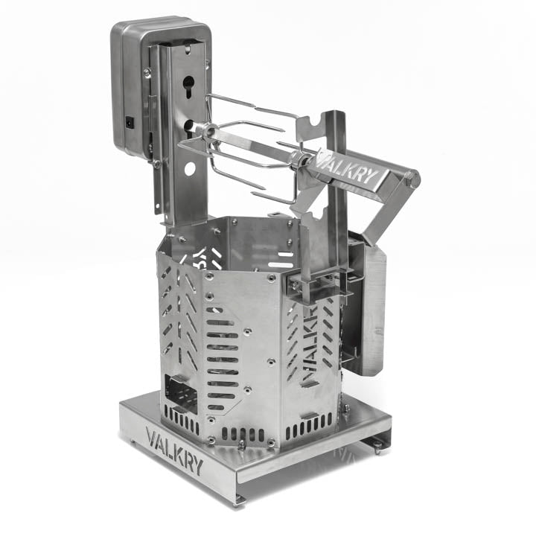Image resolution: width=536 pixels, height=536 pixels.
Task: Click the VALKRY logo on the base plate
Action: tap(174, 450)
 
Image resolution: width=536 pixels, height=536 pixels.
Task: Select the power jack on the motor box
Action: tap(130, 122)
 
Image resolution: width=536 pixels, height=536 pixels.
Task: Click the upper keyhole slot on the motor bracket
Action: tap(188, 86)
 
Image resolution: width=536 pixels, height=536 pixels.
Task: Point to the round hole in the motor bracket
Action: tap(190, 169)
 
